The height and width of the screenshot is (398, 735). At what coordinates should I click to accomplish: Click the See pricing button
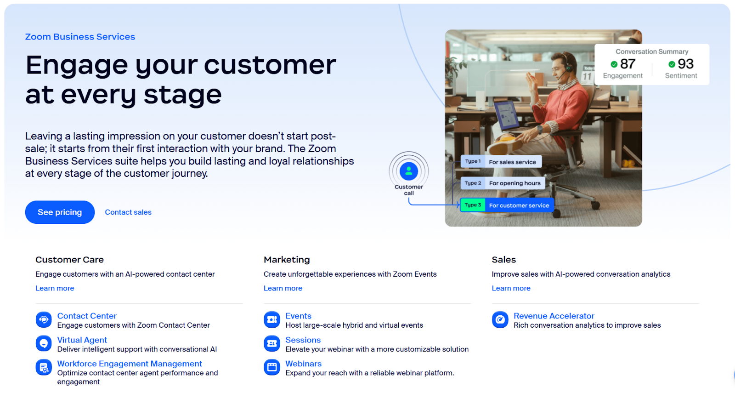point(60,212)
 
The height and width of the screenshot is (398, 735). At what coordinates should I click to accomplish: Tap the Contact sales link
point(128,212)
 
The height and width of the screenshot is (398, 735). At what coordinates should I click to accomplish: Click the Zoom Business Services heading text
point(80,37)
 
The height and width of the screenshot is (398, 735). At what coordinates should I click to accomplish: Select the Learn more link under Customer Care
point(55,288)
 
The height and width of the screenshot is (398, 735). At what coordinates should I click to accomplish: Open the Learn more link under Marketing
point(283,288)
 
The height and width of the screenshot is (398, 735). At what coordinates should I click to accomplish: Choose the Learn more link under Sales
point(511,288)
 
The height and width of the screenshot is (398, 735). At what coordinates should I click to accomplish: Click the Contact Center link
point(87,316)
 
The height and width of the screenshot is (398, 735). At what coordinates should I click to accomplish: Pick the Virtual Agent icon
point(44,343)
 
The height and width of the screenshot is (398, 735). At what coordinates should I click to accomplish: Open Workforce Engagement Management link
point(130,364)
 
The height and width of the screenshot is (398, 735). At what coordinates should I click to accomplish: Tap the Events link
point(298,316)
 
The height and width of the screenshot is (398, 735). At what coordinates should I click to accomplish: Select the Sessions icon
point(272,343)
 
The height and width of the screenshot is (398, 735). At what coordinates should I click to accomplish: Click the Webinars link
point(303,364)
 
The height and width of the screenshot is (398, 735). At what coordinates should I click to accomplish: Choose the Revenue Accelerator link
point(554,316)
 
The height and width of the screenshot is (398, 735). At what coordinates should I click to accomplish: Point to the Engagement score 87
point(628,64)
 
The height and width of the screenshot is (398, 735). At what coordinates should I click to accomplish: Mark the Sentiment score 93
point(685,64)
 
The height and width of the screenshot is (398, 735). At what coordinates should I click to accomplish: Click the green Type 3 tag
point(473,205)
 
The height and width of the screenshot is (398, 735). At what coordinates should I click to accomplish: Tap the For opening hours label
point(514,183)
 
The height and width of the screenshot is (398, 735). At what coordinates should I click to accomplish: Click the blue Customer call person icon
point(409,171)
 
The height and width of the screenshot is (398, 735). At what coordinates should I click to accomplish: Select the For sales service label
point(512,162)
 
